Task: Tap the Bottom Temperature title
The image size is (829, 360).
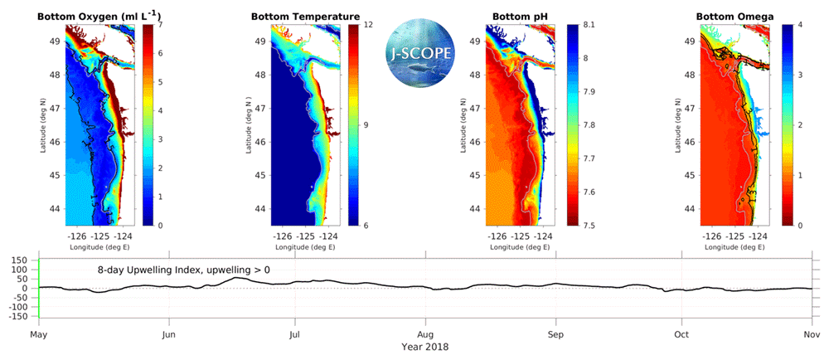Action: (305, 17)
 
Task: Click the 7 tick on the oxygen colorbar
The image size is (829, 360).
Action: (159, 25)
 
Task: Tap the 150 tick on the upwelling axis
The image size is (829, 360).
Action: (20, 260)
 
